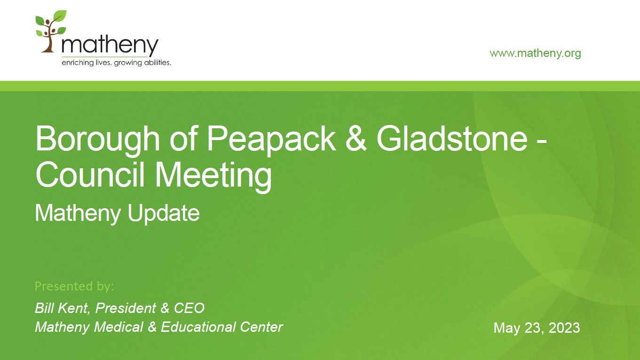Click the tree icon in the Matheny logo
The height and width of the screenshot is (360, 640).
point(51,31)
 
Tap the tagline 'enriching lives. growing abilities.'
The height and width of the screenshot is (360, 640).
point(116,63)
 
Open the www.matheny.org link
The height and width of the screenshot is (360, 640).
point(535,54)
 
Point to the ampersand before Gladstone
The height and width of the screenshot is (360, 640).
point(356,139)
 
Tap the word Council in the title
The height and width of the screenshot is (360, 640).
point(90,174)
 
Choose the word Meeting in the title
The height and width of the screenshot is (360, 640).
point(213,176)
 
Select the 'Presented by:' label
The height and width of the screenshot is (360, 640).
point(74,286)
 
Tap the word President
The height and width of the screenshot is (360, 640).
point(126,308)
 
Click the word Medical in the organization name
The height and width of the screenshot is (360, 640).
point(119,327)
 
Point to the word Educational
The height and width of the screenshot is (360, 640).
point(198,327)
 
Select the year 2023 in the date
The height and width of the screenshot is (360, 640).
point(564,328)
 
